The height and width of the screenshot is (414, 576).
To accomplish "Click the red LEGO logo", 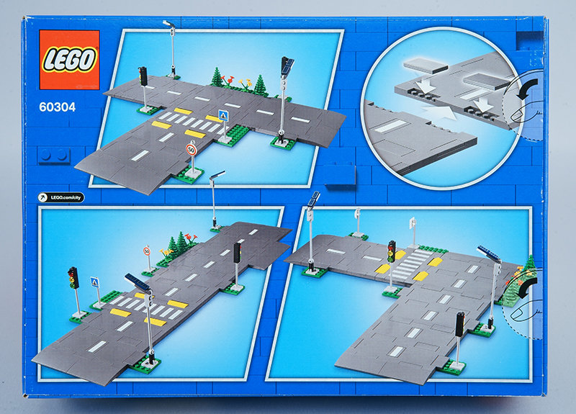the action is pos(69,60).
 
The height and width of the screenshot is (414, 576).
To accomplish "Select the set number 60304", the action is pos(58,107).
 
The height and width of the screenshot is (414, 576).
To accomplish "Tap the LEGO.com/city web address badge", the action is pos(61,197).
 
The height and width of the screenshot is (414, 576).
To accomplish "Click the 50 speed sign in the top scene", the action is pos(191,150).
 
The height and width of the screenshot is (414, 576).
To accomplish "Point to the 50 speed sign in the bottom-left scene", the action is pos(147,251).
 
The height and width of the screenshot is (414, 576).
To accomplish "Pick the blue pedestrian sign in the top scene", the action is pos(222,115).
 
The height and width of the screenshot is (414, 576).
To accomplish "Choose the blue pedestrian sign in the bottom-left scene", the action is pos(95,282).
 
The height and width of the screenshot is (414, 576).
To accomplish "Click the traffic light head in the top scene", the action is pos(143,76).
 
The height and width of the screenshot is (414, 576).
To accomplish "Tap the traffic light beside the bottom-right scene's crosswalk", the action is pos(392,251).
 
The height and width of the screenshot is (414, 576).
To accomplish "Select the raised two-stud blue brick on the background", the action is pos(53,155).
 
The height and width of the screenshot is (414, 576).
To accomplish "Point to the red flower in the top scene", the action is pos(230,79).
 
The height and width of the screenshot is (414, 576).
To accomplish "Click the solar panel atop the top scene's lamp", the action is pos(287,66).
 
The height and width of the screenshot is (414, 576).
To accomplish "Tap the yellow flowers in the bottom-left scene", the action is pos(166,252).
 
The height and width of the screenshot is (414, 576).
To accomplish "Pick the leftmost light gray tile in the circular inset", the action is pos(426,65).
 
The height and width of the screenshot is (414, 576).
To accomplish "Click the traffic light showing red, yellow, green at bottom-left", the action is pos(73,278).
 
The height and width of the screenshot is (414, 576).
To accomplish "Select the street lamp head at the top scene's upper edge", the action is pos(169,24).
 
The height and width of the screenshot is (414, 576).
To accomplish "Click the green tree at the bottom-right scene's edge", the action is pos(530,264).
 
